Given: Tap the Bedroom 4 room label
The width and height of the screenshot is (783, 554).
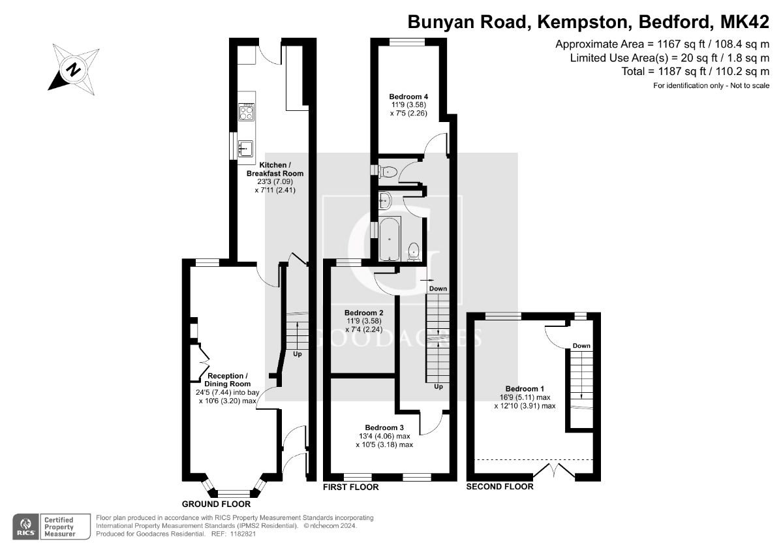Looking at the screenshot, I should point(408,96).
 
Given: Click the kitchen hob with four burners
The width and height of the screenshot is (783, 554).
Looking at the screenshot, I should point(247,113).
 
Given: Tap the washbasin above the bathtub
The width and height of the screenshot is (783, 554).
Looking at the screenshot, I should point(385,200).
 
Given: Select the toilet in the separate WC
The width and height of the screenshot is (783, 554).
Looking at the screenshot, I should point(388,172).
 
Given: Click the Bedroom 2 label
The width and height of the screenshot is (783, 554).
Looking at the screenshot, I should point(363,313).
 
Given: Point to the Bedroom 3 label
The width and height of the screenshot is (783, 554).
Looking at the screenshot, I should point(384,428).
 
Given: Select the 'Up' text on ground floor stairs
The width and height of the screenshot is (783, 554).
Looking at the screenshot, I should point(297,354).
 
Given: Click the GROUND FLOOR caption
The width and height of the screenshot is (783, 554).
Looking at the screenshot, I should point(215,504).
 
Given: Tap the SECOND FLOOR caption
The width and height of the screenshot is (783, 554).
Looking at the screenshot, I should point(499,487).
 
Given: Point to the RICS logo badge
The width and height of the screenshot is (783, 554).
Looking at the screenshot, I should point(26,525).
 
